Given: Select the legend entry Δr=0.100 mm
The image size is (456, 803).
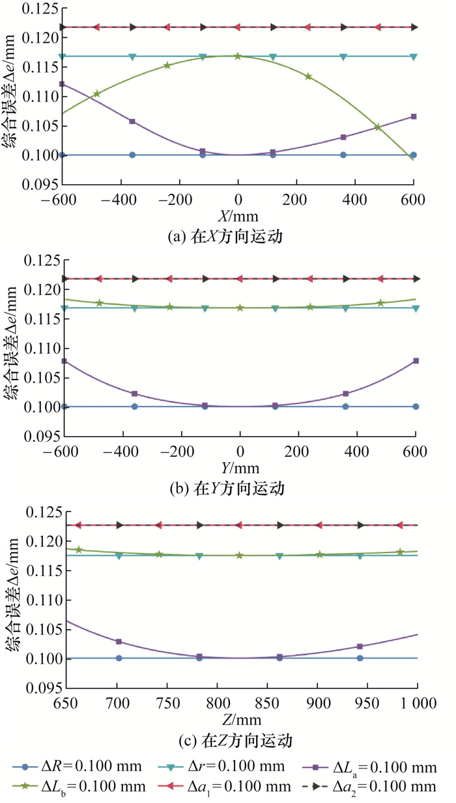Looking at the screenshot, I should pyautogui.click(x=231, y=766).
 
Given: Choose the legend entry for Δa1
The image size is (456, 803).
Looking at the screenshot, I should pyautogui.click(x=231, y=787).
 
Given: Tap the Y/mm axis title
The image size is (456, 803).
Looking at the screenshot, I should pyautogui.click(x=240, y=468).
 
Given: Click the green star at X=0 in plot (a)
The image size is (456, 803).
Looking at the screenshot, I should pyautogui.click(x=238, y=57).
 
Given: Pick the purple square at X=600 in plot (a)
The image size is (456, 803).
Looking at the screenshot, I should pyautogui.click(x=413, y=117).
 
